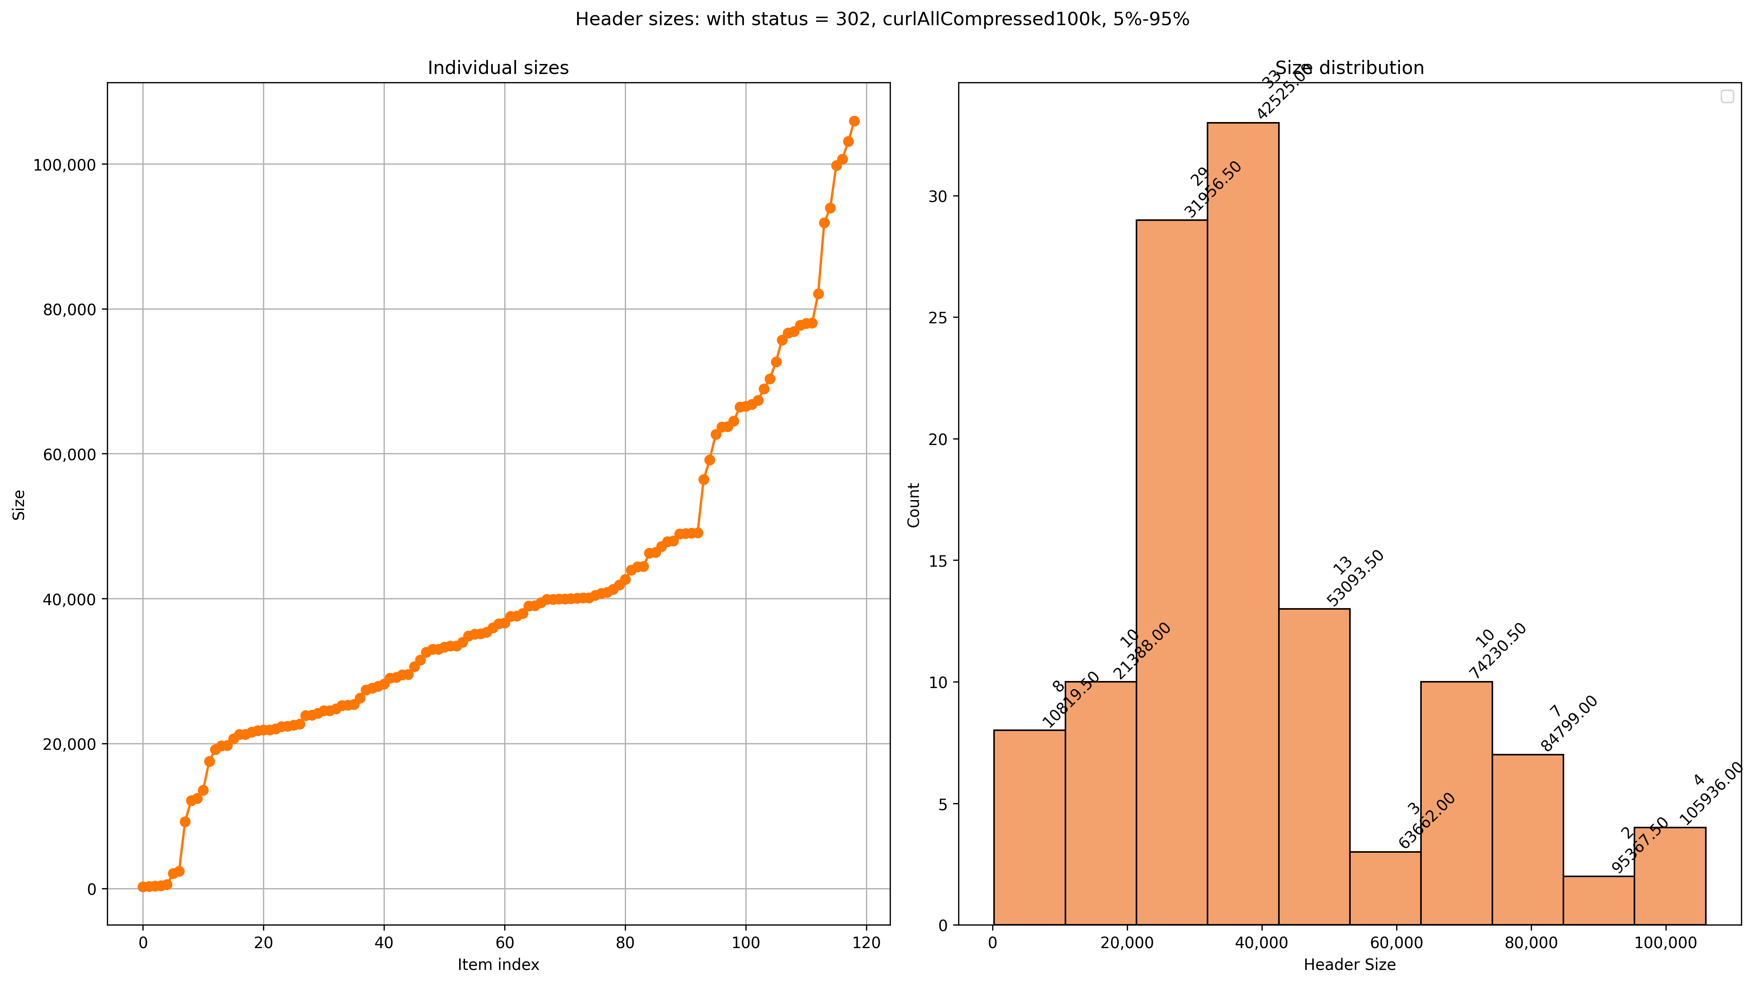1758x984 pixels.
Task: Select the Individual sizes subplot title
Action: tap(498, 68)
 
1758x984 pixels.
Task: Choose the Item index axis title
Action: tap(498, 965)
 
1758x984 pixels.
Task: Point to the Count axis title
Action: tap(914, 505)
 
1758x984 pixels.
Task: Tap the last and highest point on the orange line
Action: tap(854, 121)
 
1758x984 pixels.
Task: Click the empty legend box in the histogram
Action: tap(1727, 97)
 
